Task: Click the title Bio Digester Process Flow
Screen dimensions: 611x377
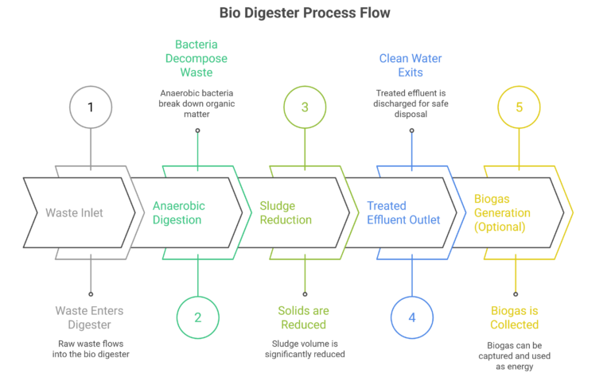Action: [x=305, y=13]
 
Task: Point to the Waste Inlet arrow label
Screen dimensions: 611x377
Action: [x=74, y=212]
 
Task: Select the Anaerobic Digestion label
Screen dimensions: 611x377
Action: [x=178, y=212]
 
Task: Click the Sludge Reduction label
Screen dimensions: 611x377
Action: [x=286, y=212]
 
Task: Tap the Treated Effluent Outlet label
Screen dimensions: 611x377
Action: [x=403, y=212]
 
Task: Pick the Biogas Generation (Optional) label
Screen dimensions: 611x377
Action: [x=502, y=212]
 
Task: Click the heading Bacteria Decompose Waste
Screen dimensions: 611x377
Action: [x=197, y=58]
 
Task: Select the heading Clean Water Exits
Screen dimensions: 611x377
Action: [x=411, y=65]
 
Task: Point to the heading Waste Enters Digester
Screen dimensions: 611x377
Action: [x=89, y=317]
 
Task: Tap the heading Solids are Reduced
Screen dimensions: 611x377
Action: [x=304, y=317]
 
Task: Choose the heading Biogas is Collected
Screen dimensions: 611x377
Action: [x=515, y=317]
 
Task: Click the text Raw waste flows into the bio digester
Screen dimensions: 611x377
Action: [x=91, y=349]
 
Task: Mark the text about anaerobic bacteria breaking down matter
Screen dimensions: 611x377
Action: [x=197, y=103]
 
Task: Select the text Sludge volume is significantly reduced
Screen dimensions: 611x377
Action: [x=305, y=349]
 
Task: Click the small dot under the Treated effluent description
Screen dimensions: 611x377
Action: [x=412, y=130]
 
